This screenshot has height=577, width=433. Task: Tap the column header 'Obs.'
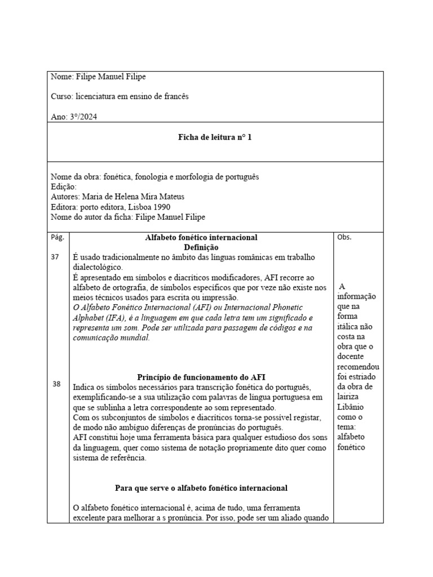344,237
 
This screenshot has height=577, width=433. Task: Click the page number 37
56,257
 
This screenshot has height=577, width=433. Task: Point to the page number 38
56,384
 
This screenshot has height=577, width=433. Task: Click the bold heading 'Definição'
201,247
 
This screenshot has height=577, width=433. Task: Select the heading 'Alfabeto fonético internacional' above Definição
201,238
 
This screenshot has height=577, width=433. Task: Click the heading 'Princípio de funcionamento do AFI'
201,377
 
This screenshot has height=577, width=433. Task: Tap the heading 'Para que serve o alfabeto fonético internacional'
201,487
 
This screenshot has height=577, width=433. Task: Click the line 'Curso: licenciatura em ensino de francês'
120,96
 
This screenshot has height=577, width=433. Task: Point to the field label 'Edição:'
64,187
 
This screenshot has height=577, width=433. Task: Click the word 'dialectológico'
98,268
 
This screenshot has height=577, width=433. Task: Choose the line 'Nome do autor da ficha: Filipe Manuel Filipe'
128,217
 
